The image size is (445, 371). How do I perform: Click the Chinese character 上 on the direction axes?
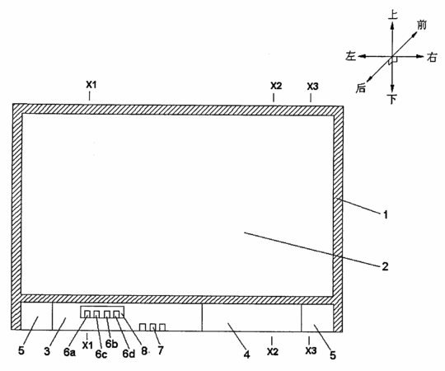(x=393, y=15)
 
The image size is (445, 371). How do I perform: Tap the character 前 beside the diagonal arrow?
(x=422, y=25)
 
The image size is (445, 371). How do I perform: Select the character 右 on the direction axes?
(x=432, y=58)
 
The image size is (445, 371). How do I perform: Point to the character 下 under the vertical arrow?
(x=392, y=99)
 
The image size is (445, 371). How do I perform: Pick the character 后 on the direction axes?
(x=361, y=88)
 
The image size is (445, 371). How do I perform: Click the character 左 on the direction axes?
(x=351, y=56)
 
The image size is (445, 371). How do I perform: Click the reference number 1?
(x=386, y=215)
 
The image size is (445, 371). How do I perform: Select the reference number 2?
(x=385, y=266)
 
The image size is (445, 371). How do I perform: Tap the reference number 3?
(x=47, y=351)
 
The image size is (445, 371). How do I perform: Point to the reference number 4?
(x=247, y=355)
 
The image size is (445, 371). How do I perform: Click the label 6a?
(x=69, y=352)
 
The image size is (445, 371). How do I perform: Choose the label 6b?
(x=111, y=344)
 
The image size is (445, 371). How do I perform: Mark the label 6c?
(x=101, y=354)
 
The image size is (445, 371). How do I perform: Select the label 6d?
(x=129, y=354)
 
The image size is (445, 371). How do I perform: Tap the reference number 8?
(x=144, y=351)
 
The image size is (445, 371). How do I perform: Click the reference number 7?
(x=161, y=350)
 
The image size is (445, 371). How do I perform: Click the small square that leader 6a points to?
(x=87, y=314)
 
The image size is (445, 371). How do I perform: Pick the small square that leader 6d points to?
(x=117, y=314)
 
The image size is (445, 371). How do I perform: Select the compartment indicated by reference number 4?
(x=251, y=317)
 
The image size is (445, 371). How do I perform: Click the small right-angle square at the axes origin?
(x=394, y=59)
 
